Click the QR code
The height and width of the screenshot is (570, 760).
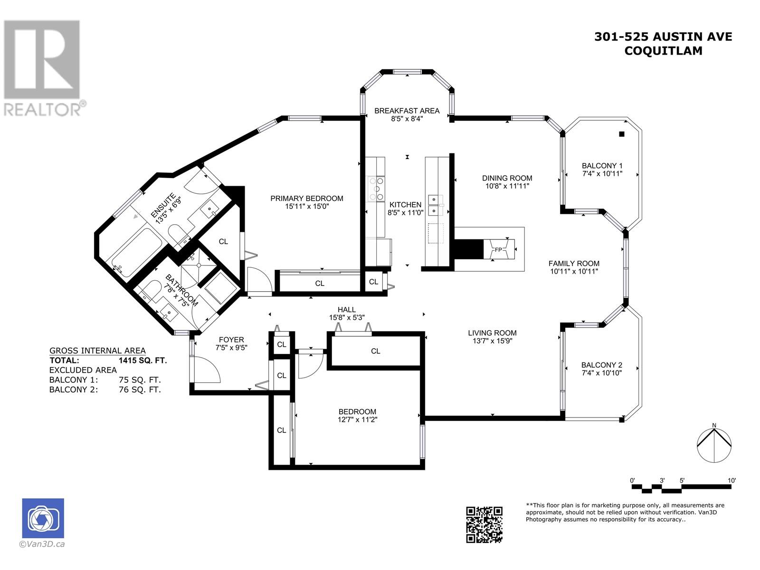[x=484, y=525]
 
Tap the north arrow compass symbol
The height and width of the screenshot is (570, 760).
[x=714, y=445]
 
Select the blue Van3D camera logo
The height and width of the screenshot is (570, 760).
[x=43, y=518]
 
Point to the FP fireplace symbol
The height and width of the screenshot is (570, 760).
[x=498, y=249]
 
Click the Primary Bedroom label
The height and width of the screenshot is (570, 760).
[x=307, y=198]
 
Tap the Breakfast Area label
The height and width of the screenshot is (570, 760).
[x=407, y=111]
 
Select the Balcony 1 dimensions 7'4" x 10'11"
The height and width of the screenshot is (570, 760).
[x=602, y=174]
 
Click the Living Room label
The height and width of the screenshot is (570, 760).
[x=492, y=333]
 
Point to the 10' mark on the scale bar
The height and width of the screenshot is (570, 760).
[x=731, y=481]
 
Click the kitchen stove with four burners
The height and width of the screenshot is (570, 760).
[x=376, y=189]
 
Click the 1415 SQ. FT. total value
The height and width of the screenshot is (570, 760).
[x=142, y=361]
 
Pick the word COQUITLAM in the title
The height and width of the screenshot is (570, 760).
[x=663, y=51]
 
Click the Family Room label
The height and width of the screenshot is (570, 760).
[x=574, y=263]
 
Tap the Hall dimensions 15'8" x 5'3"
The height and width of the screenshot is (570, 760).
[x=347, y=317]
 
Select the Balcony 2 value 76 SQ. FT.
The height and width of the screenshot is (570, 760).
[x=140, y=389]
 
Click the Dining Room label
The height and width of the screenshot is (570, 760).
[x=507, y=178]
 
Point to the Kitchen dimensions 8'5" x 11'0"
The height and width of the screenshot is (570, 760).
[x=405, y=212]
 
